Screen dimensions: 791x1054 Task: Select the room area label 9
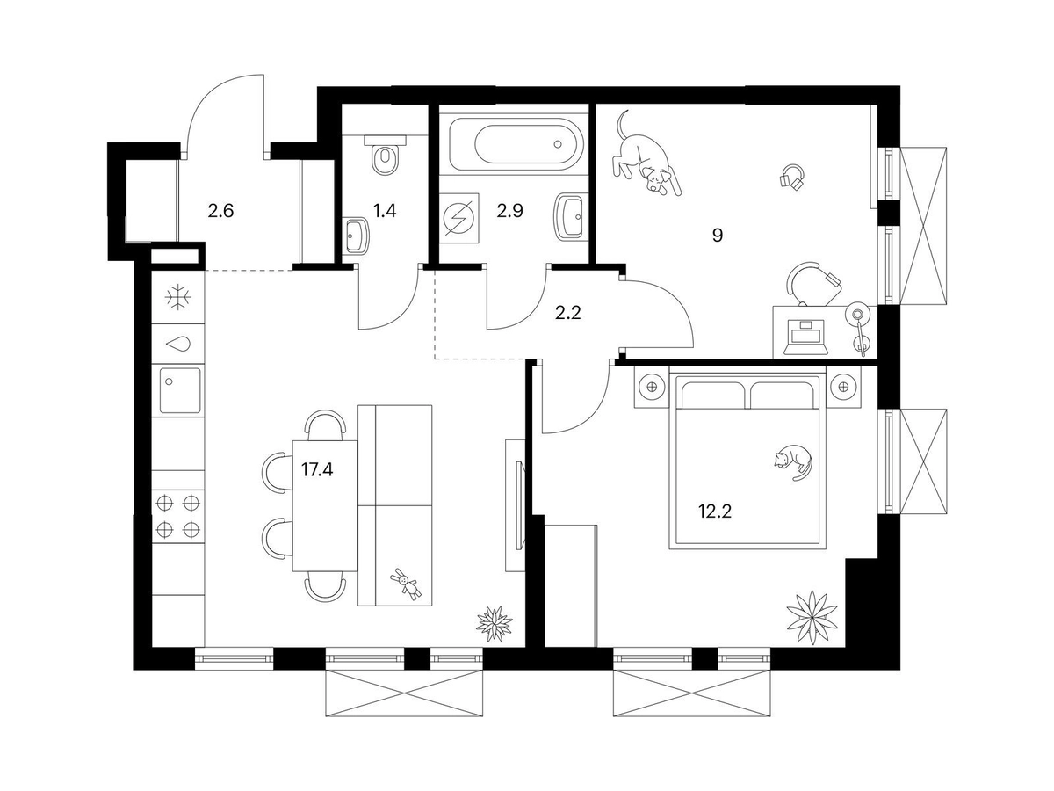pyautogui.click(x=718, y=236)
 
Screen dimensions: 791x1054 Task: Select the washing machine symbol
pyautogui.click(x=461, y=214)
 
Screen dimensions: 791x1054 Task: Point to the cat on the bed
pyautogui.click(x=792, y=461)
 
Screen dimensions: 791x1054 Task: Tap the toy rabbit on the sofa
pyautogui.click(x=405, y=582)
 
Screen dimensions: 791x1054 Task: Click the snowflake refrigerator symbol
pyautogui.click(x=178, y=298)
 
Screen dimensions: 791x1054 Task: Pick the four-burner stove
pyautogui.click(x=178, y=516)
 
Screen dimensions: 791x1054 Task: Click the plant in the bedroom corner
pyautogui.click(x=806, y=614)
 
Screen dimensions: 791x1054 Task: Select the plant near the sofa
pyautogui.click(x=494, y=621)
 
